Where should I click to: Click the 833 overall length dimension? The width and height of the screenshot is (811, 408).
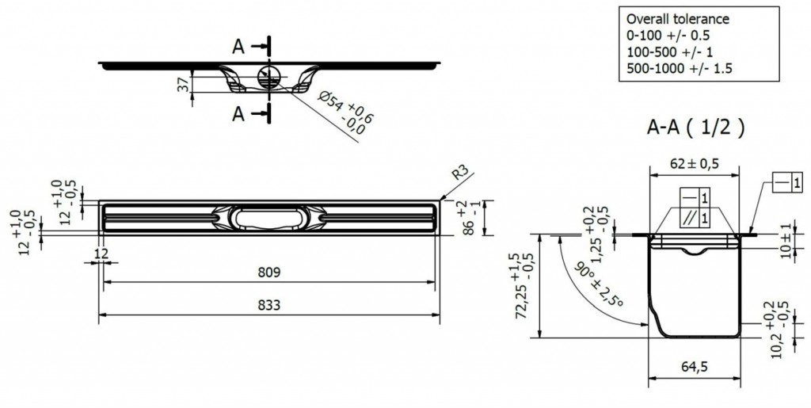pos(269,305)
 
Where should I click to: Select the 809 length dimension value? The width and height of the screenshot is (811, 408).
pos(269,273)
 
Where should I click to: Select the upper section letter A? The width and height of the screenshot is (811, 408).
pos(238,47)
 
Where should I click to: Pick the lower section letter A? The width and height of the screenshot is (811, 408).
pos(238,114)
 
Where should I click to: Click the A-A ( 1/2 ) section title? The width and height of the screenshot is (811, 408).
pos(695,127)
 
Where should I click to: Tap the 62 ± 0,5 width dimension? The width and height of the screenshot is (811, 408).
pos(694,164)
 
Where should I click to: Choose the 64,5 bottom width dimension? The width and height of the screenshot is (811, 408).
pos(695,367)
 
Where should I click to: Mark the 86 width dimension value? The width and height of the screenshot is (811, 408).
pos(469,226)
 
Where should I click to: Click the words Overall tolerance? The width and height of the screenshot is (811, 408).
pos(678,19)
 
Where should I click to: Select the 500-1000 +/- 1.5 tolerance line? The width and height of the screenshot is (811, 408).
pos(679,68)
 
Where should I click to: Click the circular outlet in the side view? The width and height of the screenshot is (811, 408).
pos(269,77)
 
